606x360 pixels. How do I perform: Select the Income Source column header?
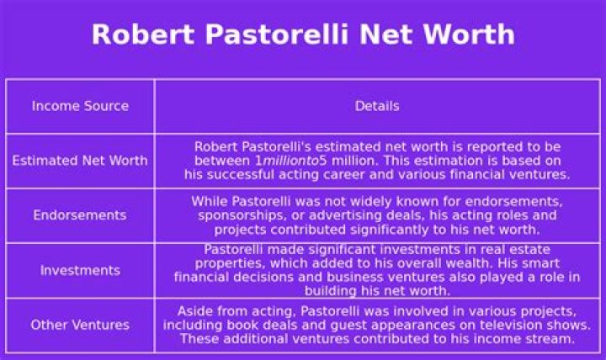pyautogui.click(x=80, y=106)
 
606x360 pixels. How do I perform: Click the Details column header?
pyautogui.click(x=377, y=106)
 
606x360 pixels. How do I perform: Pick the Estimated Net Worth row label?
pyautogui.click(x=80, y=161)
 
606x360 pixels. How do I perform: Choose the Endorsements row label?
pyautogui.click(x=80, y=215)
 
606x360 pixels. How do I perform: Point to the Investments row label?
pyautogui.click(x=80, y=271)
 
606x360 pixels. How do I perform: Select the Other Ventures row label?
pyautogui.click(x=80, y=326)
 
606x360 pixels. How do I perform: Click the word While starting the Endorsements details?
pyautogui.click(x=209, y=201)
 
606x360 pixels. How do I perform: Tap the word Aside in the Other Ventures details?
pyautogui.click(x=196, y=310)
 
